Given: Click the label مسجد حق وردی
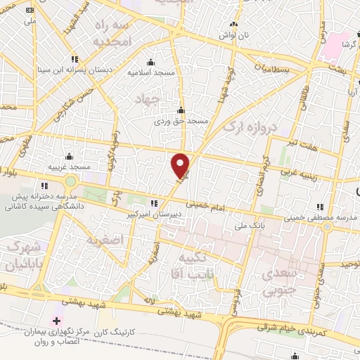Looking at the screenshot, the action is (181, 121).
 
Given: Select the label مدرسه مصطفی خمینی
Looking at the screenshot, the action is (320, 218).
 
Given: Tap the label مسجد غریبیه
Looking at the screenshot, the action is (69, 167).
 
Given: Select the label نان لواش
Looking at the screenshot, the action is (233, 34).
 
